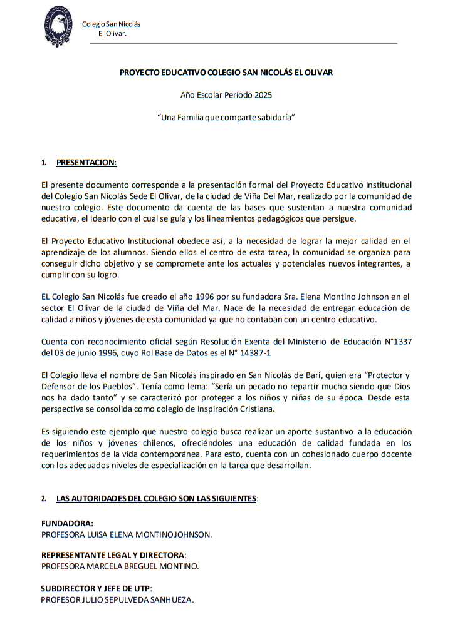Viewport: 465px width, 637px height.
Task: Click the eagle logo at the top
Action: click(58, 26)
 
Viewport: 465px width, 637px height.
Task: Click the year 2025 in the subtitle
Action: click(263, 95)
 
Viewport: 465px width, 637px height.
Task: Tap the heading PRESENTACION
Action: click(86, 163)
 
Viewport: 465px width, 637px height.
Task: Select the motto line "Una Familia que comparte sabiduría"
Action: click(226, 118)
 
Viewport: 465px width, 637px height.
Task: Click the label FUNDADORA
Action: click(67, 523)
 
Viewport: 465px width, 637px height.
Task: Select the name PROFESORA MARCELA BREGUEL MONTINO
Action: click(120, 566)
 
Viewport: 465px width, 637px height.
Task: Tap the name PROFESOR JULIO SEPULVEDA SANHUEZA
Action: click(117, 600)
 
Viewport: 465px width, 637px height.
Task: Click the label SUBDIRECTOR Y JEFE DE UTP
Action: click(96, 589)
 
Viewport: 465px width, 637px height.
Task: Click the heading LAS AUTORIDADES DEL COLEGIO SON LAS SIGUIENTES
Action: click(156, 499)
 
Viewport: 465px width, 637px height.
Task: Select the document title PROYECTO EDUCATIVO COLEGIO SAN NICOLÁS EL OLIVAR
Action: click(226, 73)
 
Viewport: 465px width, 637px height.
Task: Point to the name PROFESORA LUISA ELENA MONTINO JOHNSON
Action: click(126, 534)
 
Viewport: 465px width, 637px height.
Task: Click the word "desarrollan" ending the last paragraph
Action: click(288, 466)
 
